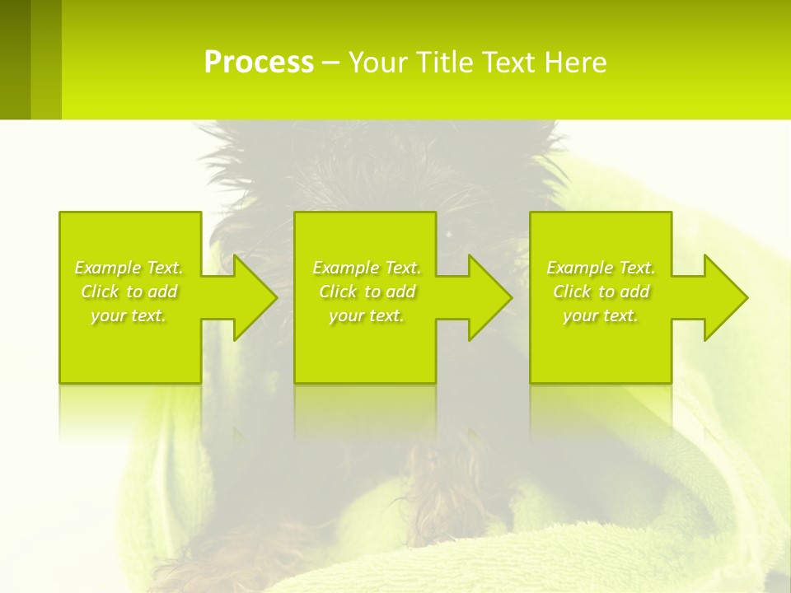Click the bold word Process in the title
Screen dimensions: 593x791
259,63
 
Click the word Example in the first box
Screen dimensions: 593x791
106,268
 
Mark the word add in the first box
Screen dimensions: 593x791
162,292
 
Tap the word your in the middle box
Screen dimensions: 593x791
346,315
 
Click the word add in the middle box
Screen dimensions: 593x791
400,292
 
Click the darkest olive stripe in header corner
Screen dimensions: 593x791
15,59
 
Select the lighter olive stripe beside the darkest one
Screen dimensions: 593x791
46,59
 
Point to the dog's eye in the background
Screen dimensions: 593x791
450,235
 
